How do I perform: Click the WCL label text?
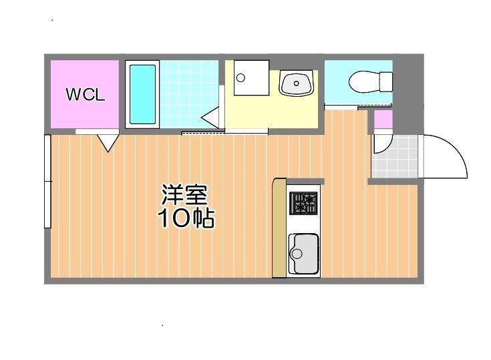(85, 95)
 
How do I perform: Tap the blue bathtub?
(142, 94)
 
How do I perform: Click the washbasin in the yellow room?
(295, 84)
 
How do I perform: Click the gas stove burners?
(304, 202)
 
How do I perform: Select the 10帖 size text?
(186, 218)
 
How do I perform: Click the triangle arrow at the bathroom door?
(210, 118)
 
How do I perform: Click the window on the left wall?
(47, 181)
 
